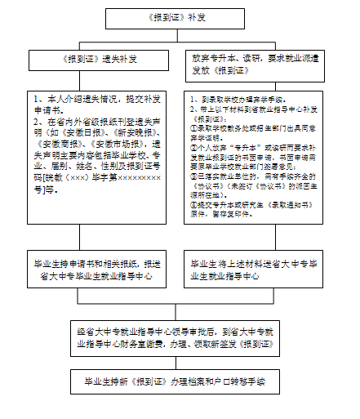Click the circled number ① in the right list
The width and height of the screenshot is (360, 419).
point(188,127)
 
